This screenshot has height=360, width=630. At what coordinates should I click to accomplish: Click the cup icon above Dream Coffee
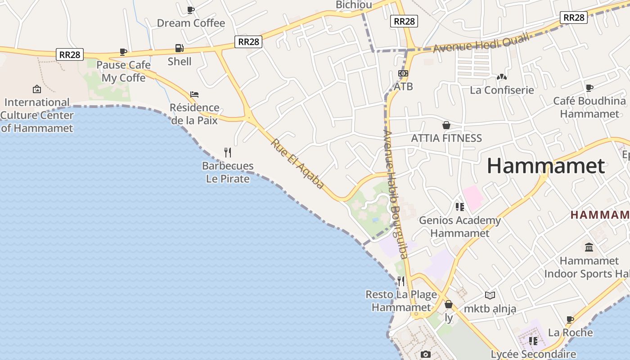191,10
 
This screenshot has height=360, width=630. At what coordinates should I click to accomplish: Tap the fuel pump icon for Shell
179,48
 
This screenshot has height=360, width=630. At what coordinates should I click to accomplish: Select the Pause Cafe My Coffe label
124,72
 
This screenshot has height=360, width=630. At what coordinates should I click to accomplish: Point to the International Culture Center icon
37,89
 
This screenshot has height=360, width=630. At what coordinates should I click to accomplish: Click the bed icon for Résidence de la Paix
194,94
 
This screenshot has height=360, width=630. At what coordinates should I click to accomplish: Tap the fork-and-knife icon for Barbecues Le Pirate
228,153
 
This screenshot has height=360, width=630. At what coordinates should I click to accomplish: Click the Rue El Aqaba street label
297,163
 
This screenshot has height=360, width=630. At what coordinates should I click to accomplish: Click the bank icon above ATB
403,73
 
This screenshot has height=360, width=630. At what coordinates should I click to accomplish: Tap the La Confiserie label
502,90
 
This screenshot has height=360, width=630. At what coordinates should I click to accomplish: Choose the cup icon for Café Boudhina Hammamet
589,88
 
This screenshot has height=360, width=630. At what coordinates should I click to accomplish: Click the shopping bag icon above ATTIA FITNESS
446,125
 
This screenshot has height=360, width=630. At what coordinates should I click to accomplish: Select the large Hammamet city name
546,166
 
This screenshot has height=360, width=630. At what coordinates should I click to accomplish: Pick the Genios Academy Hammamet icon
459,207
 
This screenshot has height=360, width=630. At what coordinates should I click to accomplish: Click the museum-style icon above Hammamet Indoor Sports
589,247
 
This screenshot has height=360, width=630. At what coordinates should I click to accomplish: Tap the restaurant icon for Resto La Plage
401,281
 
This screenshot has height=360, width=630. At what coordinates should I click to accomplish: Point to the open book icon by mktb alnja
490,295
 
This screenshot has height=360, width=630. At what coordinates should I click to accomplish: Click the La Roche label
571,333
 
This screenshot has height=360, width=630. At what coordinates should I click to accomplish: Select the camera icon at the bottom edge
425,355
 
